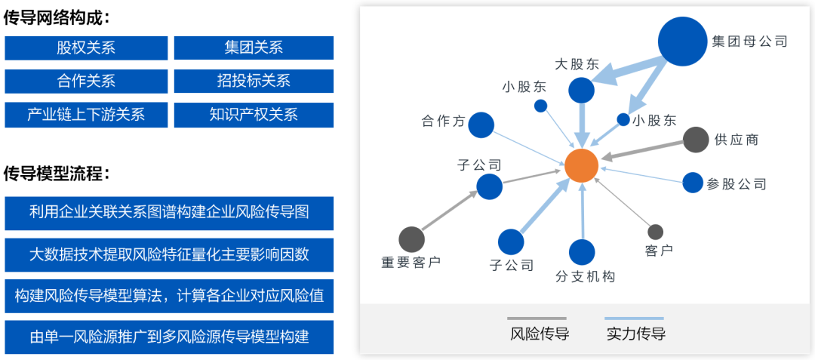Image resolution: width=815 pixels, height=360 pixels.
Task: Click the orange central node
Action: [x=582, y=166]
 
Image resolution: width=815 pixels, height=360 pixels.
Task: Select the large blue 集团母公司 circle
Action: [x=683, y=42]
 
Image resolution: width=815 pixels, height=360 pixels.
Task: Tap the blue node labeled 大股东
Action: [x=581, y=91]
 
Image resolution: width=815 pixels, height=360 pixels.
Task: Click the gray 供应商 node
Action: [x=696, y=140]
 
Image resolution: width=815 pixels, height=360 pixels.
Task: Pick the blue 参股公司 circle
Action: [x=692, y=183]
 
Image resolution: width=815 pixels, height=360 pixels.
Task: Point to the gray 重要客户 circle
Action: [x=412, y=239]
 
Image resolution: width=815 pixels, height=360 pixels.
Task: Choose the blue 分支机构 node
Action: [x=582, y=252]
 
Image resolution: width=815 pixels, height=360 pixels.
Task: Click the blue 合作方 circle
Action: [x=481, y=125]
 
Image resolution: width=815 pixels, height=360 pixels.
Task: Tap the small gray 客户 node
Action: [x=656, y=232]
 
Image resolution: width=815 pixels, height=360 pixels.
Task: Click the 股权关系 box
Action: [x=86, y=48]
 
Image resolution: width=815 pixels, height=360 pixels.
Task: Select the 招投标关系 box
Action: [x=254, y=81]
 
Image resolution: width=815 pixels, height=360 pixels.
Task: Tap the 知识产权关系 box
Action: [x=254, y=114]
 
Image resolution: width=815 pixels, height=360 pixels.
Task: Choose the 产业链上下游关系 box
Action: [x=86, y=114]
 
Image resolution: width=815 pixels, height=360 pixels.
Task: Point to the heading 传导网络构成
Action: [x=57, y=18]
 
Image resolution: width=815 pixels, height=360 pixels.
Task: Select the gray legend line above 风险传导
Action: [x=537, y=318]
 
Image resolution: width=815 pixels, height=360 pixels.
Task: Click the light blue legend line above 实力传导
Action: [x=634, y=318]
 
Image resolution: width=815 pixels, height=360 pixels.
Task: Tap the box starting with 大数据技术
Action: [x=169, y=254]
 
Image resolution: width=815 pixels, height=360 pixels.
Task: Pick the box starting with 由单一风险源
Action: [x=169, y=337]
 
